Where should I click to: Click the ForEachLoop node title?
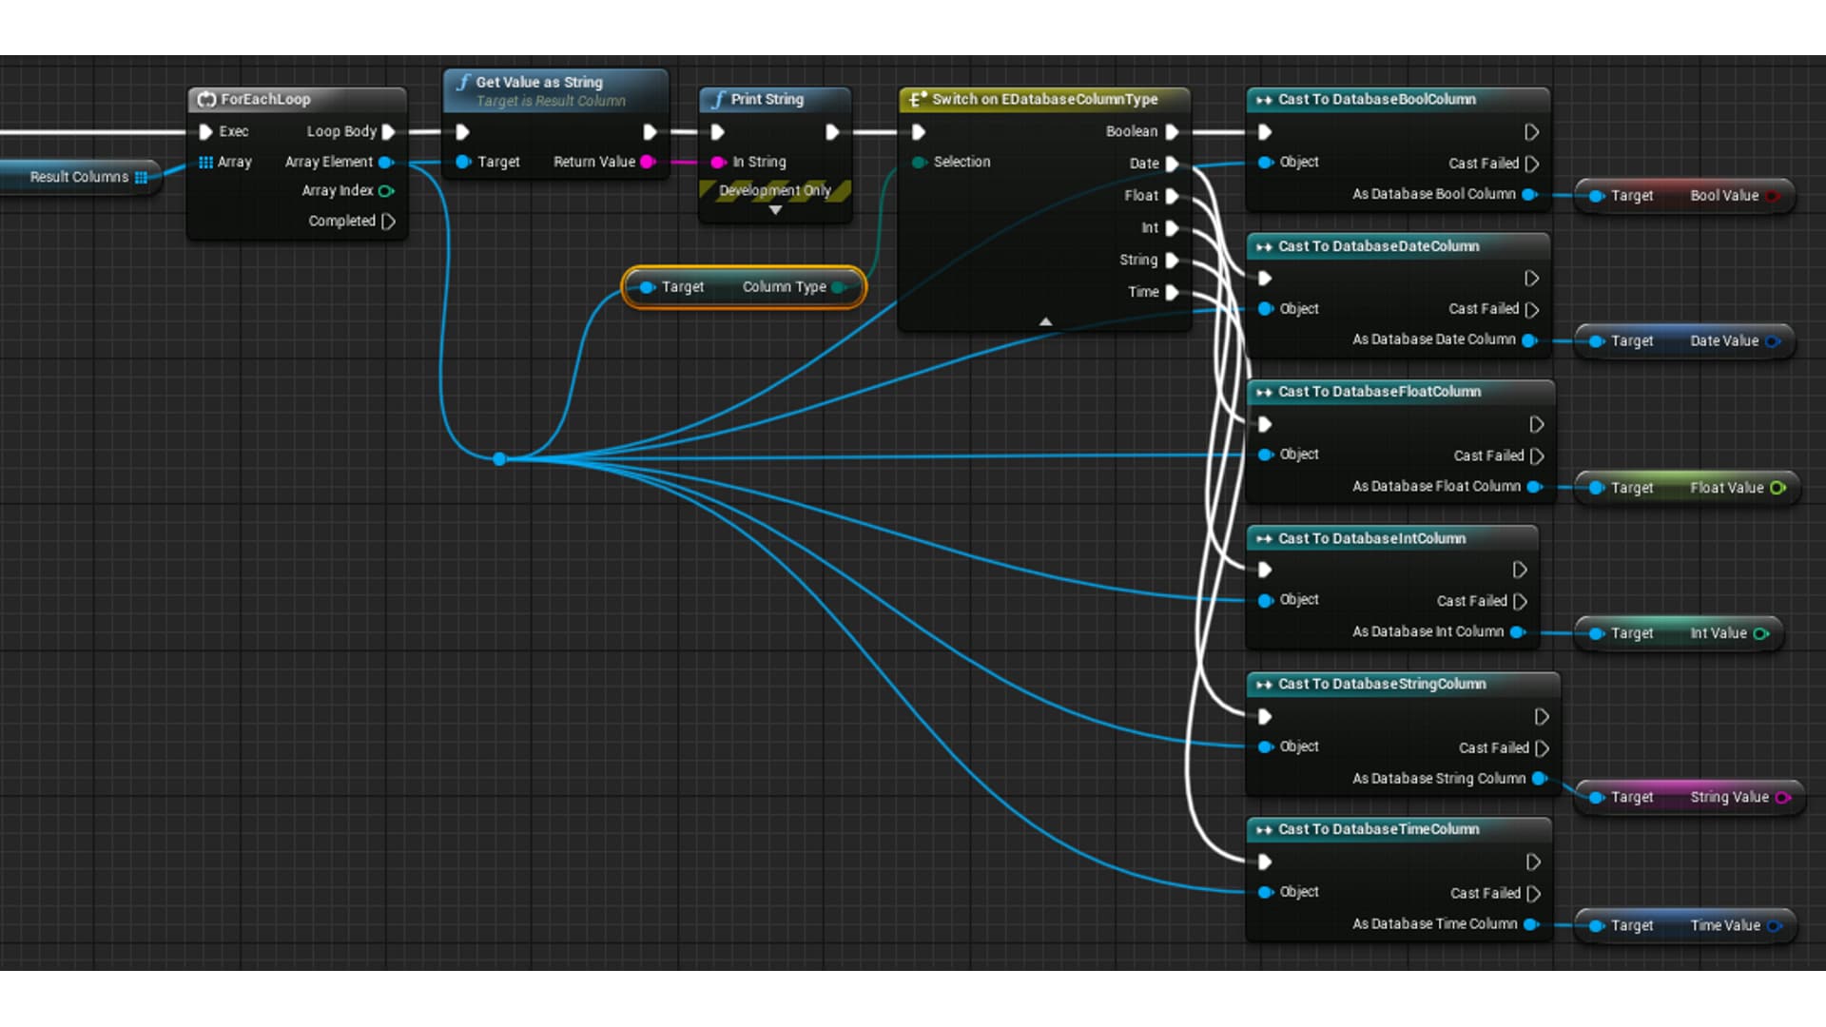coord(265,99)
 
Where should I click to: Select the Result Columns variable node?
coord(80,177)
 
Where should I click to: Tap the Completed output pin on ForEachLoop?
coord(388,222)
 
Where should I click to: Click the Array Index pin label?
coord(338,190)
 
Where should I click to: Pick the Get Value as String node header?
coord(539,83)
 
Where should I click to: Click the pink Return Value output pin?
coord(648,162)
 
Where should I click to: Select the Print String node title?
coord(767,99)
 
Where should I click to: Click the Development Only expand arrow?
coord(775,210)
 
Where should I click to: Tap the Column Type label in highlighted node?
coord(784,287)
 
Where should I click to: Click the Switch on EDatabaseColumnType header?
coord(1044,99)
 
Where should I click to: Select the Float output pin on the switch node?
coord(1172,196)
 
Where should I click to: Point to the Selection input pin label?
coord(962,162)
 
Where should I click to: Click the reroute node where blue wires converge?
coord(499,459)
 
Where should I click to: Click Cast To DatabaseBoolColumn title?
coord(1376,99)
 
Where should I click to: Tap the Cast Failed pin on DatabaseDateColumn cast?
coord(1531,310)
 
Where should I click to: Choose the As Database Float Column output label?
coord(1436,486)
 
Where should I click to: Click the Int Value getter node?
coord(1679,633)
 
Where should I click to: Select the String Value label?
coord(1729,797)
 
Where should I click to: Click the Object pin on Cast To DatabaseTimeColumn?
coord(1266,892)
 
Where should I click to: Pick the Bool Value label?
coord(1723,196)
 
